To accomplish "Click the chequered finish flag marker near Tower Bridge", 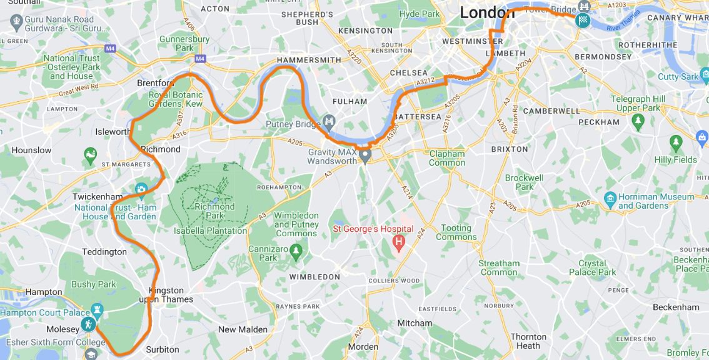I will coord(583,20).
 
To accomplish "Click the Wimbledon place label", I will coord(314,276).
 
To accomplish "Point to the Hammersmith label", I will coord(309,60).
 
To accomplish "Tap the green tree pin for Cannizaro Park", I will coord(296,251).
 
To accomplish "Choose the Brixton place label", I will coord(510,149).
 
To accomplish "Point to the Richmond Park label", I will coord(214,211).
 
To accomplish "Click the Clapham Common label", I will coord(447,158).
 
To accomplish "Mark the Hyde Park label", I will coord(420,14).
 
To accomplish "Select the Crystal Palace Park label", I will coord(592,267).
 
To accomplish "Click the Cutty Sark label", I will coord(678,77).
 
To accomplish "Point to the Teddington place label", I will coord(104,252).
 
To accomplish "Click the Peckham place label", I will coord(598,122).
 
